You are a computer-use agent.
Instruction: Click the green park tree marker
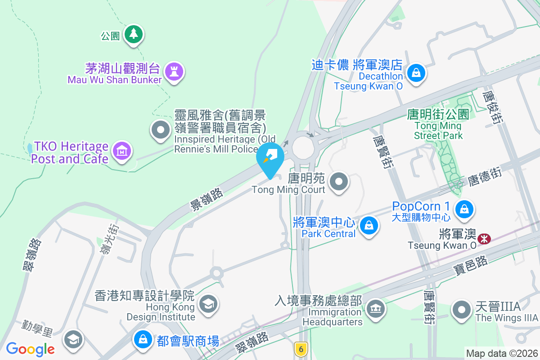[x=133, y=34]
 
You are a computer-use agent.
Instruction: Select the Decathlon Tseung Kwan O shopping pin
[x=416, y=72]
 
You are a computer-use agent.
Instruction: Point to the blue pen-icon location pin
[x=270, y=158]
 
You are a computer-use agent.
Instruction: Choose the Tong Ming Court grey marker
[x=340, y=182]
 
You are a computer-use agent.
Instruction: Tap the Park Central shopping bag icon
[x=369, y=225]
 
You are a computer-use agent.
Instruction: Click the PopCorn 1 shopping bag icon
[x=463, y=208]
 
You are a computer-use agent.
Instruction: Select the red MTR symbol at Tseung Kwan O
[x=484, y=238]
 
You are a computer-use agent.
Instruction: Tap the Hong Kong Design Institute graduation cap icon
[x=208, y=304]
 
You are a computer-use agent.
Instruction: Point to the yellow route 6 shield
[x=301, y=348]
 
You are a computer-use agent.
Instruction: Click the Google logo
[x=31, y=349]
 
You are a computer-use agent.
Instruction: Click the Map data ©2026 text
[x=501, y=354]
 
